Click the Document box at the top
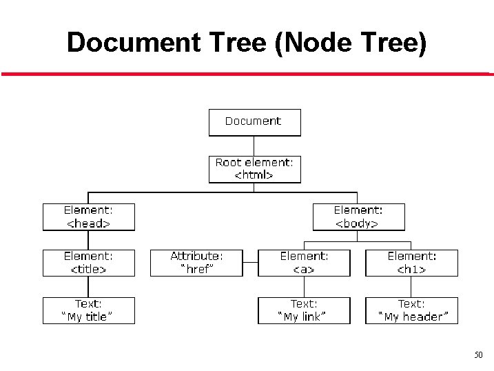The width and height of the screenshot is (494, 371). tap(254, 122)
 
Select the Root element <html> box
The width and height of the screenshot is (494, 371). tap(254, 169)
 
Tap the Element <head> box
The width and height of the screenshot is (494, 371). tap(89, 217)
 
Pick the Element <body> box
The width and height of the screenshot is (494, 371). tap(358, 217)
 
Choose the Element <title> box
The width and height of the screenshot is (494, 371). tap(89, 263)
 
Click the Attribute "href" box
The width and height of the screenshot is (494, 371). tap(196, 263)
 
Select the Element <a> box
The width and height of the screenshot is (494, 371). tap(304, 263)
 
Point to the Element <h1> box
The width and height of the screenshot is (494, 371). tap(411, 263)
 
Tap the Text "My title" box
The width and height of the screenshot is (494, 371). tap(89, 310)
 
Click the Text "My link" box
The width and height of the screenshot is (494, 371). tap(304, 310)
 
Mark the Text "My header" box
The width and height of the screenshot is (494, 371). tap(411, 310)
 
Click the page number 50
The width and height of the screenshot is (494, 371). tap(478, 355)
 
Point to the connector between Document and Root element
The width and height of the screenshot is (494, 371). tap(254, 146)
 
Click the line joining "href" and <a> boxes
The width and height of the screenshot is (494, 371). tap(250, 263)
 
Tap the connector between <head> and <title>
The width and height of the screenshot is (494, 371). tap(89, 240)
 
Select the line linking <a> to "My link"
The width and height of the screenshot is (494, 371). tap(304, 287)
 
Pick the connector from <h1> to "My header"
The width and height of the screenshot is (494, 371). tap(411, 287)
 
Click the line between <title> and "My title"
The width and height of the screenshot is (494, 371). tap(89, 287)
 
